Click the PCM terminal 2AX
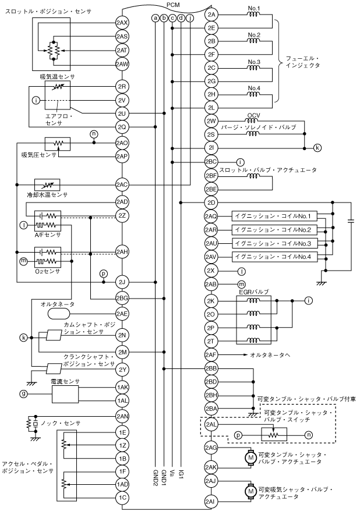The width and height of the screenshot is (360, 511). click(x=122, y=23)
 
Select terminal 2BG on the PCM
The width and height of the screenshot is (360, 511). click(x=122, y=298)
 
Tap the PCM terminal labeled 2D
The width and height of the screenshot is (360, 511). click(x=211, y=203)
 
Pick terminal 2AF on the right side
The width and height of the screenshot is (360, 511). click(x=211, y=354)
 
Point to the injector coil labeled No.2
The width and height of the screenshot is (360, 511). click(x=253, y=41)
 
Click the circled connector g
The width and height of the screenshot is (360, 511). click(x=24, y=394)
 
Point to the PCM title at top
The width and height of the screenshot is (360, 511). click(x=174, y=4)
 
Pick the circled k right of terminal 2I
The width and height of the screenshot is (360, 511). click(x=317, y=147)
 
